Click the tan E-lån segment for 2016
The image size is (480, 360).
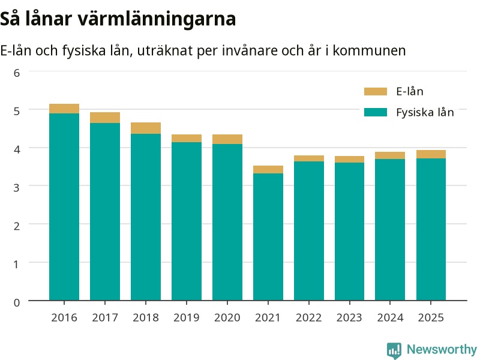pos(64,109)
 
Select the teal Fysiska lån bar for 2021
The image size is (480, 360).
pos(268,237)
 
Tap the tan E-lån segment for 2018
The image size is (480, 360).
pos(146,128)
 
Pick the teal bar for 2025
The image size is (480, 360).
pos(431,229)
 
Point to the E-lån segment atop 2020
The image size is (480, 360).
pos(227,139)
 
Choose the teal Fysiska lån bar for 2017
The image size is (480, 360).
pos(105,212)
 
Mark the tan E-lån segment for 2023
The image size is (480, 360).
pos(350,160)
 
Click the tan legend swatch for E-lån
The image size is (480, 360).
pos(376,92)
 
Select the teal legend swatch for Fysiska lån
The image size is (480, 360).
pos(376,112)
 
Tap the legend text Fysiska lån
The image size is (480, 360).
pos(425,112)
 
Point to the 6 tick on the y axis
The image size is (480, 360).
pos(17,73)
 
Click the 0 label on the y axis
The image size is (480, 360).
pos(17,302)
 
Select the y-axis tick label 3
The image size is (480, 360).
pos(17,188)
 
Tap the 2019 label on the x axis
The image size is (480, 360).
pos(187,318)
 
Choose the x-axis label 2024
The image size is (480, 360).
pos(391,318)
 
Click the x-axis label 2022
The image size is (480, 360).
pos(309,318)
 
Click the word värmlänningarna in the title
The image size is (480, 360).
pos(157,19)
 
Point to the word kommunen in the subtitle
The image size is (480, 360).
pos(369,50)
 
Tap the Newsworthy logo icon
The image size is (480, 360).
pos(394,350)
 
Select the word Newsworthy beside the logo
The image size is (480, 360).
pos(442,349)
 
